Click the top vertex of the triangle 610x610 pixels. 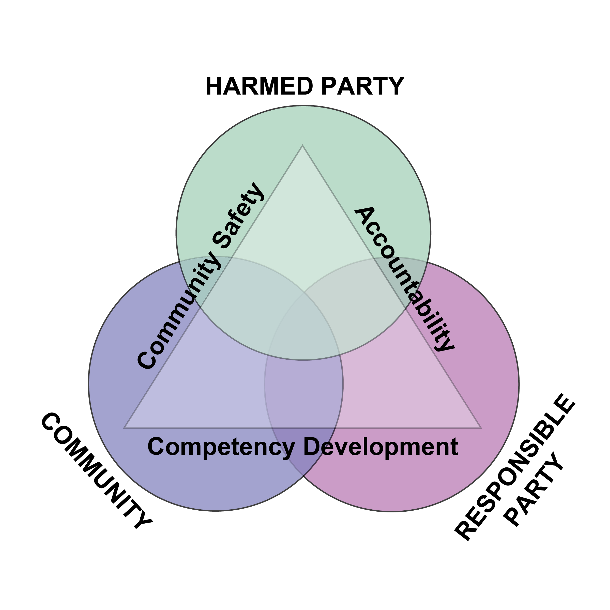pos(302,146)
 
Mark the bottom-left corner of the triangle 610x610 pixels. pos(124,428)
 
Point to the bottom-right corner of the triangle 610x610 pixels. pos(481,428)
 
